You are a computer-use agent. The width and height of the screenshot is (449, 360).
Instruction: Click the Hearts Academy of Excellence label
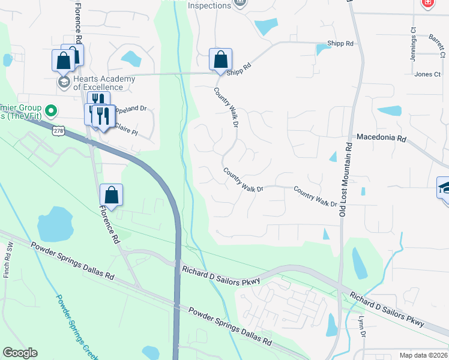coord(98,83)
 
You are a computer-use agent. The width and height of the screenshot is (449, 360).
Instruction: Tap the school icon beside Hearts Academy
coord(64,81)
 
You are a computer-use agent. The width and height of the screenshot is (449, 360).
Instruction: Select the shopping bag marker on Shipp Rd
coord(220,60)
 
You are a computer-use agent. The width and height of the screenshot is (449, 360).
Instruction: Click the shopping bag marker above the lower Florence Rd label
coord(111,195)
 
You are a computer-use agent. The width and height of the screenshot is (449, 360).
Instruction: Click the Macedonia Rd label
coord(381,138)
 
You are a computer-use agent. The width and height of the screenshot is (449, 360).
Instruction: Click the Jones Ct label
coord(427,74)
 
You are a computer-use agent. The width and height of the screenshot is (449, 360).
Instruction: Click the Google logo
coord(20,353)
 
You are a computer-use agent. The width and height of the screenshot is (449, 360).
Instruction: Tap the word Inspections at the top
coord(209,5)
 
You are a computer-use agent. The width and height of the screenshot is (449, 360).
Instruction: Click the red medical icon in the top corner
coord(427,3)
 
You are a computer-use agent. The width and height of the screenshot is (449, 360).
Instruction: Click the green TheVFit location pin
coord(51,110)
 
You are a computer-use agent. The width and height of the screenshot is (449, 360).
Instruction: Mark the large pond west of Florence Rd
coord(55,225)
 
